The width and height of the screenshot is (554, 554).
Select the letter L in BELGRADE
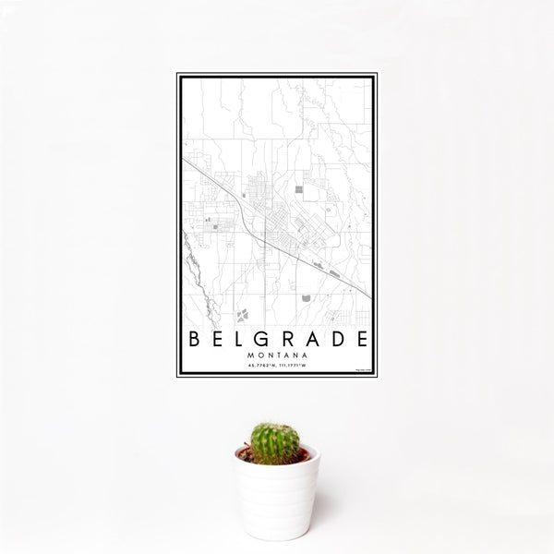click(239, 338)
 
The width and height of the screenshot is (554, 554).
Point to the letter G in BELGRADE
click(263, 338)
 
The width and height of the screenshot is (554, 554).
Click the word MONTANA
click(277, 355)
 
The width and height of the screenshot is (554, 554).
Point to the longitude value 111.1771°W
click(293, 366)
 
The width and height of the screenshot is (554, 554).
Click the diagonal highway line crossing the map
click(277, 240)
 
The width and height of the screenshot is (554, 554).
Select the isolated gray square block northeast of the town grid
click(299, 189)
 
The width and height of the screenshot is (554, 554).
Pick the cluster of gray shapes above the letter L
click(243, 315)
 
